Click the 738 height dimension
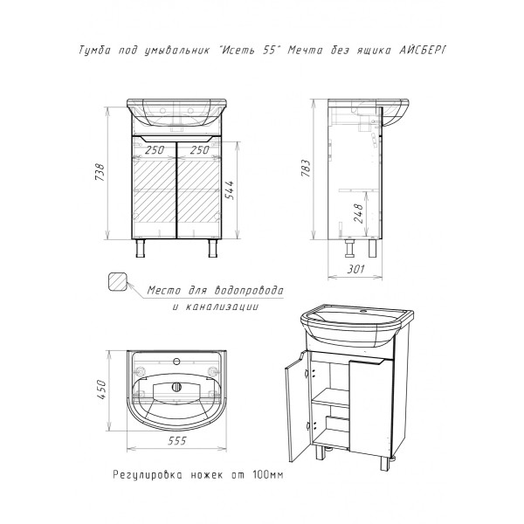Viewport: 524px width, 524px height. pos(100,172)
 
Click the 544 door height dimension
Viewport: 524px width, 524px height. pos(231,190)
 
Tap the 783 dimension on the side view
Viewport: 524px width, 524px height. pos(307,169)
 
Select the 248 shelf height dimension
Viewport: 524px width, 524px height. pos(357,214)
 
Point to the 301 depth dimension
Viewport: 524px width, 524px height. pos(355,268)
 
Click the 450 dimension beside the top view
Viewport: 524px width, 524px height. pos(101,390)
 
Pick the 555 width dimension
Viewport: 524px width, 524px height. pos(176,441)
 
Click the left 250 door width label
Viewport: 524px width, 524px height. pos(155,150)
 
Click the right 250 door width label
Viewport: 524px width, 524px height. pos(199,150)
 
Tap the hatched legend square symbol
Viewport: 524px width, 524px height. pos(118,282)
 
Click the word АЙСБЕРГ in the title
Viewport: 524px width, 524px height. pos(423,51)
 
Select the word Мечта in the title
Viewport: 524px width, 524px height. pos(305,51)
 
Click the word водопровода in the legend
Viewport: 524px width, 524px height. pos(249,290)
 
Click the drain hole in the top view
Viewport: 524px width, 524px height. pos(176,387)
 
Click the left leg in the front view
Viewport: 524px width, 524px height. pos(141,248)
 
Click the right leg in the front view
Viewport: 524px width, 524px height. pos(213,248)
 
